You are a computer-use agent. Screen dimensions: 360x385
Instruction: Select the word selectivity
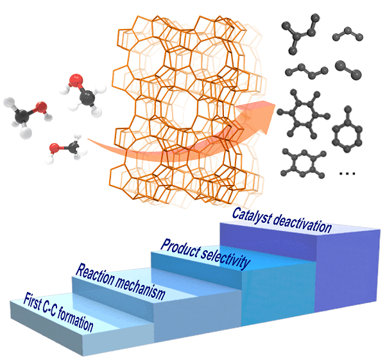pyautogui.click(x=223, y=255)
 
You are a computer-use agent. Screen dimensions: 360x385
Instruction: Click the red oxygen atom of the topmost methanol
pyautogui.click(x=76, y=81)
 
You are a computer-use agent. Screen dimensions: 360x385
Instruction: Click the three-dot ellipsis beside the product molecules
pyautogui.click(x=348, y=173)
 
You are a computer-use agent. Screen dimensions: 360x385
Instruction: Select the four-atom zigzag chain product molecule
pyautogui.click(x=303, y=71)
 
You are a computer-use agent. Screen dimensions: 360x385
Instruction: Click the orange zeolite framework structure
pyautogui.click(x=186, y=109)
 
